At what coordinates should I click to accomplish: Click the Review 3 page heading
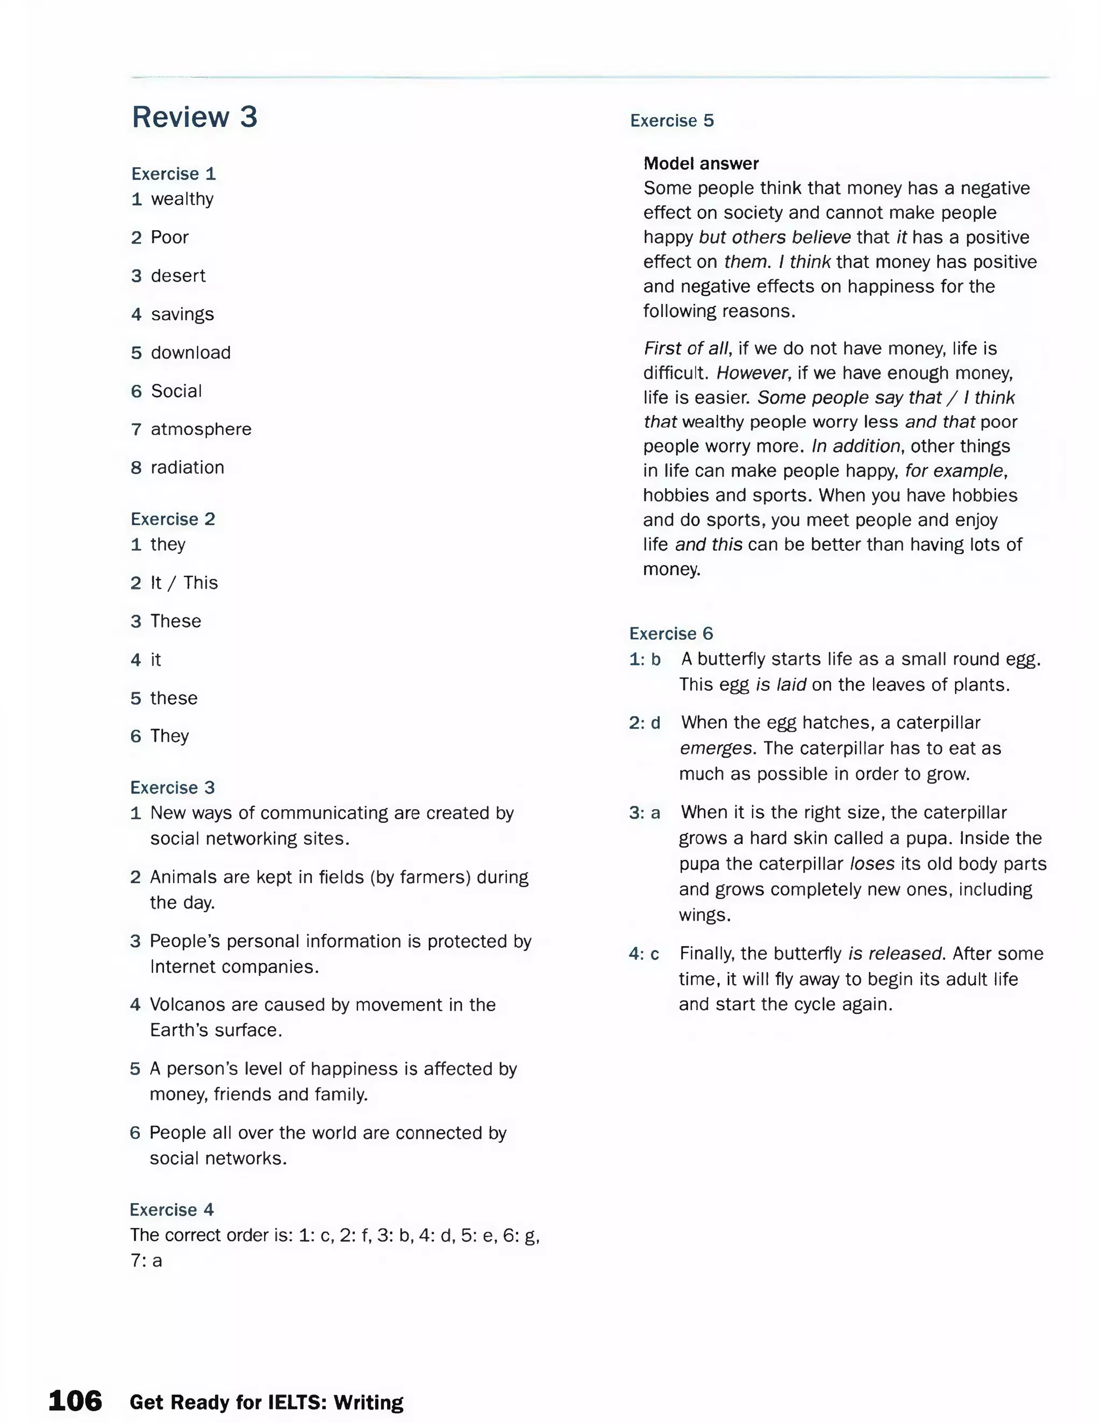tap(194, 117)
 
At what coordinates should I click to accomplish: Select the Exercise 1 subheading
tap(173, 174)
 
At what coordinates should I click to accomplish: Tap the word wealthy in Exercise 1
tap(182, 199)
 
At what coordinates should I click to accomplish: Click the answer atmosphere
tap(201, 430)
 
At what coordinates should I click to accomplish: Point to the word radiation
tap(187, 468)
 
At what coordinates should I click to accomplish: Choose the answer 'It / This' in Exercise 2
tap(184, 583)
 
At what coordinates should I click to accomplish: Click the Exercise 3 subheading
tap(172, 788)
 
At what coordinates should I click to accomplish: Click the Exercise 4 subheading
tap(171, 1210)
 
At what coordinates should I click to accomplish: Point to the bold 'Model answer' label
tap(701, 163)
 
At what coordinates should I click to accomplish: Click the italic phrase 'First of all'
tap(686, 348)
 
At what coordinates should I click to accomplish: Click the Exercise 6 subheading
tap(671, 634)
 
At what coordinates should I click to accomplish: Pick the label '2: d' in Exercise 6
tap(645, 723)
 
